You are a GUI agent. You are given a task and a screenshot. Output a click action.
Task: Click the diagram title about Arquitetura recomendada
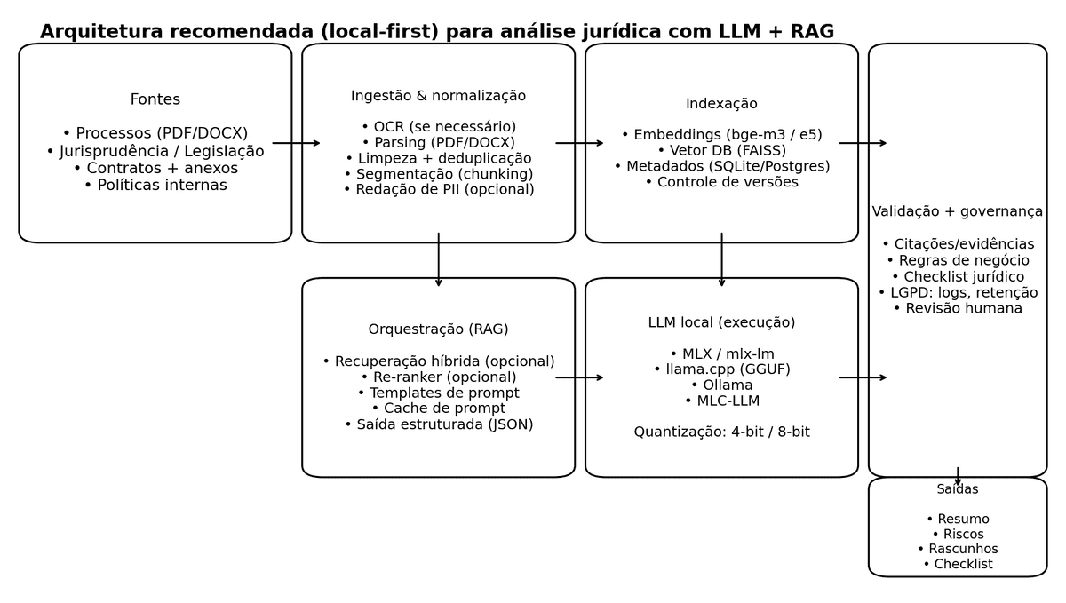click(437, 32)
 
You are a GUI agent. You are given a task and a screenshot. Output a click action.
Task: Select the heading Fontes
click(155, 99)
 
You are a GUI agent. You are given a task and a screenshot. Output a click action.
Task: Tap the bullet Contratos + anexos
click(155, 168)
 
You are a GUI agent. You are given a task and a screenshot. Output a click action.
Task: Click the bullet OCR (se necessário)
click(439, 127)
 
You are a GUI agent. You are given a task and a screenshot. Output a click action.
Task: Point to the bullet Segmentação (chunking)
click(439, 174)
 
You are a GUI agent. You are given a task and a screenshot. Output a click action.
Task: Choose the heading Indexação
click(721, 104)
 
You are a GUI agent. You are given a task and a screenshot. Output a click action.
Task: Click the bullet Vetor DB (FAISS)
click(721, 151)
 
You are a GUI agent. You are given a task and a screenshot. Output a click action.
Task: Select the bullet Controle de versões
click(721, 182)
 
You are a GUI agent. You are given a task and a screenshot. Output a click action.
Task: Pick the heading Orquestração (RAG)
click(439, 329)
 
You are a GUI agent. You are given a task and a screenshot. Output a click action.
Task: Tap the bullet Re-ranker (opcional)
click(439, 377)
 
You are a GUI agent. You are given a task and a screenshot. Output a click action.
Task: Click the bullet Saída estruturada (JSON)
click(439, 424)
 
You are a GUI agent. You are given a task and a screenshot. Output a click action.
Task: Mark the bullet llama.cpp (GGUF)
click(721, 369)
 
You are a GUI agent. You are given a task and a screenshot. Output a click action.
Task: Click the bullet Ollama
click(721, 385)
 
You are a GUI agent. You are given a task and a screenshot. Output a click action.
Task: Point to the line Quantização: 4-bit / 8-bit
click(721, 432)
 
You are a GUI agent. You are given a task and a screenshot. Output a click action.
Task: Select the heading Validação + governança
click(958, 211)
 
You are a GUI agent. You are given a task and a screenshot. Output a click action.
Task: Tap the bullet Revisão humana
click(958, 308)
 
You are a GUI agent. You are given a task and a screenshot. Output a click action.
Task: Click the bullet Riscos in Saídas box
click(958, 534)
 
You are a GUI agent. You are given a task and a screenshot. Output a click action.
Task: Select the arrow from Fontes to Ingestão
click(297, 143)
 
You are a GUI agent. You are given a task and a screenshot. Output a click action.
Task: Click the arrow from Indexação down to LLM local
click(721, 260)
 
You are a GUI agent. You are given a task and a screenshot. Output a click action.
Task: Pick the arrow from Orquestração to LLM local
click(579, 377)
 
